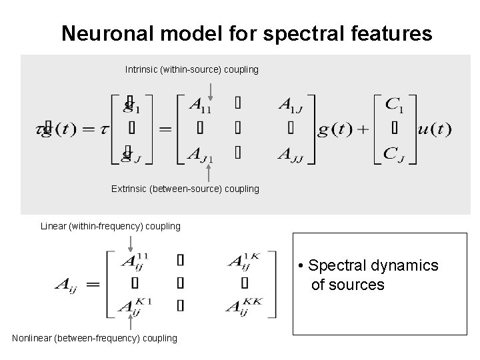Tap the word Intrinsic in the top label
[x=141, y=69]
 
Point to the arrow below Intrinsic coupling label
[x=210, y=88]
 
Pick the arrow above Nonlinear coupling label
[x=129, y=323]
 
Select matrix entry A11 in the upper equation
[x=201, y=105]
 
